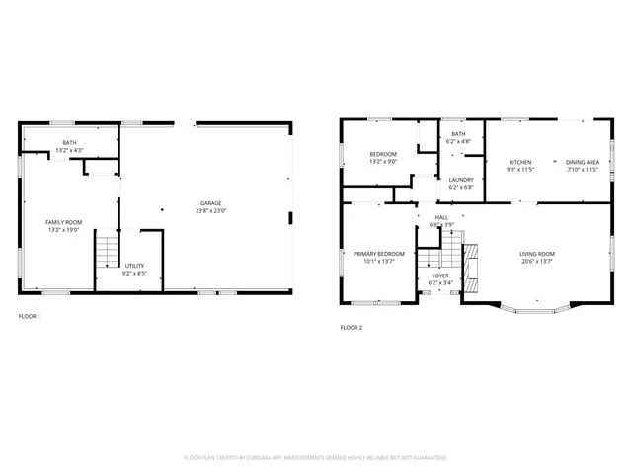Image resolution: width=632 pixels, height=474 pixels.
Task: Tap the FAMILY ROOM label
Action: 63,223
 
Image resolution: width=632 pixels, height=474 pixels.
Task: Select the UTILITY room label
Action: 135,266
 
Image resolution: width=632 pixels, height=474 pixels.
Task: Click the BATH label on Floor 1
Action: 69,143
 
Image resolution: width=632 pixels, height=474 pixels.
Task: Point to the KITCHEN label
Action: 520,162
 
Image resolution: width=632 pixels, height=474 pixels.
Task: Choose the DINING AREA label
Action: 583,162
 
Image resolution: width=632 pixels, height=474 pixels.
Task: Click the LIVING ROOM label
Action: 537,255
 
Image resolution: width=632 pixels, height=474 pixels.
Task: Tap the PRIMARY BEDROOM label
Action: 379,255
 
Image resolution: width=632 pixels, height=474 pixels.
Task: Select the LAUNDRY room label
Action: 461,180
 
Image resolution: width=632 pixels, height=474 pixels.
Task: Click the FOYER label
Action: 440,276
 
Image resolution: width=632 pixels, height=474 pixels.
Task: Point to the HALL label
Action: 441,217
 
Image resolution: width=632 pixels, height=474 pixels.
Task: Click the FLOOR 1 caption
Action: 30,316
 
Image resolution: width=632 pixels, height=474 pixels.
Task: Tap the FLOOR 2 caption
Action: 352,327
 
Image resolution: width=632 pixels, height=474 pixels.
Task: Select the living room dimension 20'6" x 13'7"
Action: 537,263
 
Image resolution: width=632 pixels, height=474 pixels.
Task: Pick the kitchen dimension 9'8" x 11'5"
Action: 520,170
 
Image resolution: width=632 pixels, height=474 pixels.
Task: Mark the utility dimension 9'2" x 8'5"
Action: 135,274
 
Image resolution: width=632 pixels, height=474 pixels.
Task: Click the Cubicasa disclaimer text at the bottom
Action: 316,458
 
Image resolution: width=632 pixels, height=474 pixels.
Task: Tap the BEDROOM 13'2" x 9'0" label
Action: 383,158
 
